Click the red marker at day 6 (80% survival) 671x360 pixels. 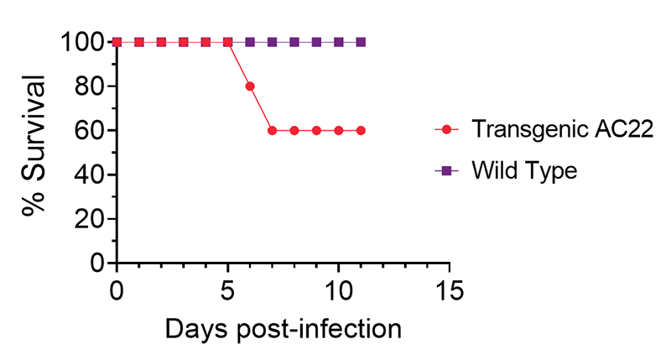pyautogui.click(x=250, y=86)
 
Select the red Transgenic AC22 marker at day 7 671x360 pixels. pyautogui.click(x=272, y=130)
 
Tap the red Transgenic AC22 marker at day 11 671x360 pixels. pyautogui.click(x=361, y=130)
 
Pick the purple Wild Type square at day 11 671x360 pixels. pyautogui.click(x=361, y=42)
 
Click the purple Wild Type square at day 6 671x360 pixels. pyautogui.click(x=250, y=42)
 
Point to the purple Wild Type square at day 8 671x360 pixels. pyautogui.click(x=294, y=42)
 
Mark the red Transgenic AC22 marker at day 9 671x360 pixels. pyautogui.click(x=316, y=130)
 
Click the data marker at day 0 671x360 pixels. pyautogui.click(x=117, y=42)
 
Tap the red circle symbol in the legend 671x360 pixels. pyautogui.click(x=446, y=130)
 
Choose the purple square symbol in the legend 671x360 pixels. pyautogui.click(x=446, y=170)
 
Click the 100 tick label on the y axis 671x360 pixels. pyautogui.click(x=83, y=42)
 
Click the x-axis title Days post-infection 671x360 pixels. pyautogui.click(x=283, y=328)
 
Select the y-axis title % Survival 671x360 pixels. pyautogui.click(x=34, y=152)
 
